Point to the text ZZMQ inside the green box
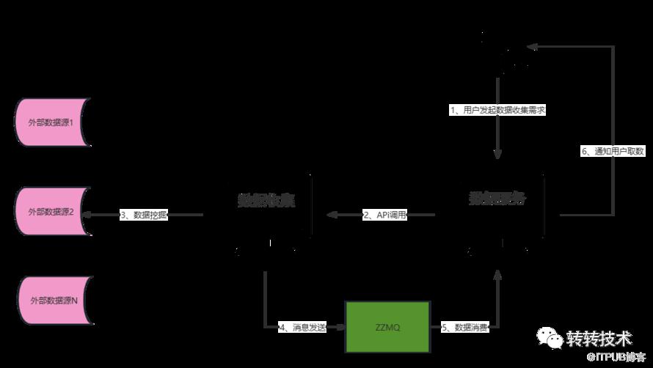tap(387, 327)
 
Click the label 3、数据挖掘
tap(144, 215)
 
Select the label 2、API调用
tap(384, 215)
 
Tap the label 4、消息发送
tap(302, 327)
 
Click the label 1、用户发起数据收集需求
tap(498, 110)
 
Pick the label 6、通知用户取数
tap(613, 151)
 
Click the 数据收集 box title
tap(266, 199)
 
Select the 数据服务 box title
tap(497, 198)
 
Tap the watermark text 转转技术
tap(599, 338)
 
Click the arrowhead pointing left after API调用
tap(332, 215)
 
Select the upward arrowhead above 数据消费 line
tap(498, 274)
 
